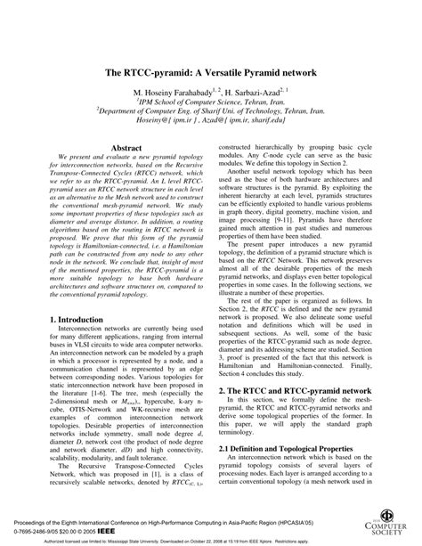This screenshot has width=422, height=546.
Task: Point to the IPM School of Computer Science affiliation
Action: [x=212, y=103]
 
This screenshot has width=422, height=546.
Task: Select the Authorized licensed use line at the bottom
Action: [x=211, y=540]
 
